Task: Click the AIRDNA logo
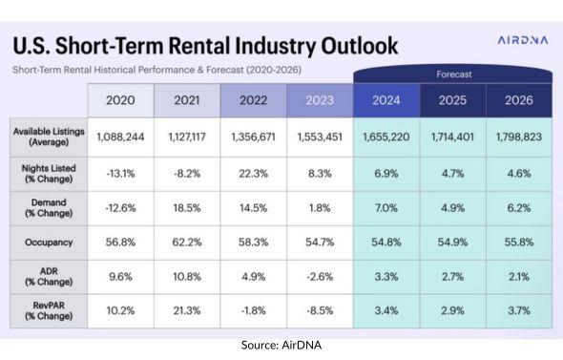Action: pyautogui.click(x=511, y=42)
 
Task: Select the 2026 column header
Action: pyautogui.click(x=518, y=98)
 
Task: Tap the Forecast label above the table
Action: pyautogui.click(x=452, y=73)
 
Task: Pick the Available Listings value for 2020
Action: pyautogui.click(x=120, y=138)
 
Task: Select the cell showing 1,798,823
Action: pyautogui.click(x=518, y=138)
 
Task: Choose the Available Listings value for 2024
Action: pyautogui.click(x=386, y=138)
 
